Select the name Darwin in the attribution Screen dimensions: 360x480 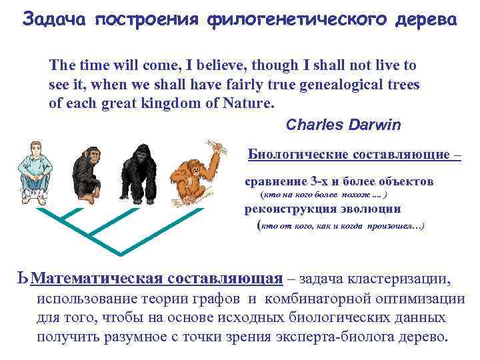(x=365, y=125)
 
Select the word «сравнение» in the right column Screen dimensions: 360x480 (x=274, y=181)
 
